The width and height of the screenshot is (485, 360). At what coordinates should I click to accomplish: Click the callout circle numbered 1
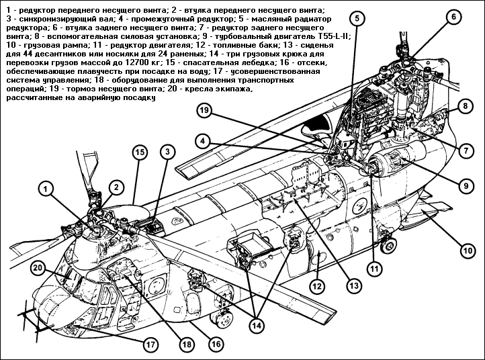tap(46, 190)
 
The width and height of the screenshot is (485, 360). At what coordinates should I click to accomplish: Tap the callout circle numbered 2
tap(116, 187)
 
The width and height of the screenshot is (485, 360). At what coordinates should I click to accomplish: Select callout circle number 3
tap(165, 153)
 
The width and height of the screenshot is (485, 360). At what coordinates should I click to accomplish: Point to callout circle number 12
tap(316, 285)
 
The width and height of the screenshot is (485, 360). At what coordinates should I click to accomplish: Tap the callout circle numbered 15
tap(139, 153)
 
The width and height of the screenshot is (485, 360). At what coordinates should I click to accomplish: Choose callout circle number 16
tap(214, 343)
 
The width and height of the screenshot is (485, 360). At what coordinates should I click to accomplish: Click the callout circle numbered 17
tap(151, 343)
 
